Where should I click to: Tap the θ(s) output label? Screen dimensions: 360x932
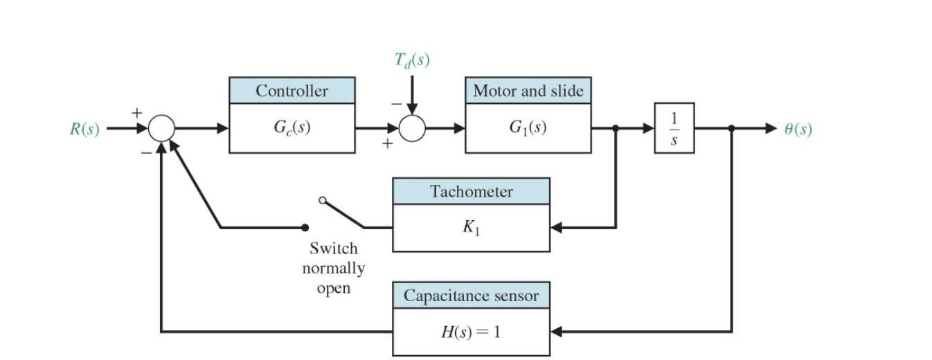pyautogui.click(x=798, y=129)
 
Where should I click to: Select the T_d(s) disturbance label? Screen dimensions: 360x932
pyautogui.click(x=411, y=61)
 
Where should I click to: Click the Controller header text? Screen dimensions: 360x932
pyautogui.click(x=292, y=91)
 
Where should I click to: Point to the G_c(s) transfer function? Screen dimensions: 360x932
pyautogui.click(x=292, y=129)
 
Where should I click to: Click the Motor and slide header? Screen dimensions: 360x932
pyautogui.click(x=528, y=91)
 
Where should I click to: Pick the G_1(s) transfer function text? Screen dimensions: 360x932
pyautogui.click(x=528, y=129)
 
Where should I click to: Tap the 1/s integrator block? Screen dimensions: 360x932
pyautogui.click(x=674, y=129)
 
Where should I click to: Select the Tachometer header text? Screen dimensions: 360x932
pyautogui.click(x=471, y=192)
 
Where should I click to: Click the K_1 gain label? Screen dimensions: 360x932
pyautogui.click(x=471, y=228)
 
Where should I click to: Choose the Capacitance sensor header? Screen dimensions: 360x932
pyautogui.click(x=471, y=296)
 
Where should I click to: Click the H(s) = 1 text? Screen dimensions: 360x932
pyautogui.click(x=471, y=332)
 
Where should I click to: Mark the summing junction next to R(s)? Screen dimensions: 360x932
pyautogui.click(x=161, y=129)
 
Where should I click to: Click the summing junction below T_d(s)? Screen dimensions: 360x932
pyautogui.click(x=412, y=129)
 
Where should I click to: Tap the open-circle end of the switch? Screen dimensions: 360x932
pyautogui.click(x=322, y=200)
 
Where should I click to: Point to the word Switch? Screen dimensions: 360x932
pyautogui.click(x=333, y=248)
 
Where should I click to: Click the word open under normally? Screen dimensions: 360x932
pyautogui.click(x=333, y=288)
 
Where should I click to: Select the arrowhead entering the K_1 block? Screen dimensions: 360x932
pyautogui.click(x=556, y=227)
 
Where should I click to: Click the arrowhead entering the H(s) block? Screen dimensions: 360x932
pyautogui.click(x=556, y=332)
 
